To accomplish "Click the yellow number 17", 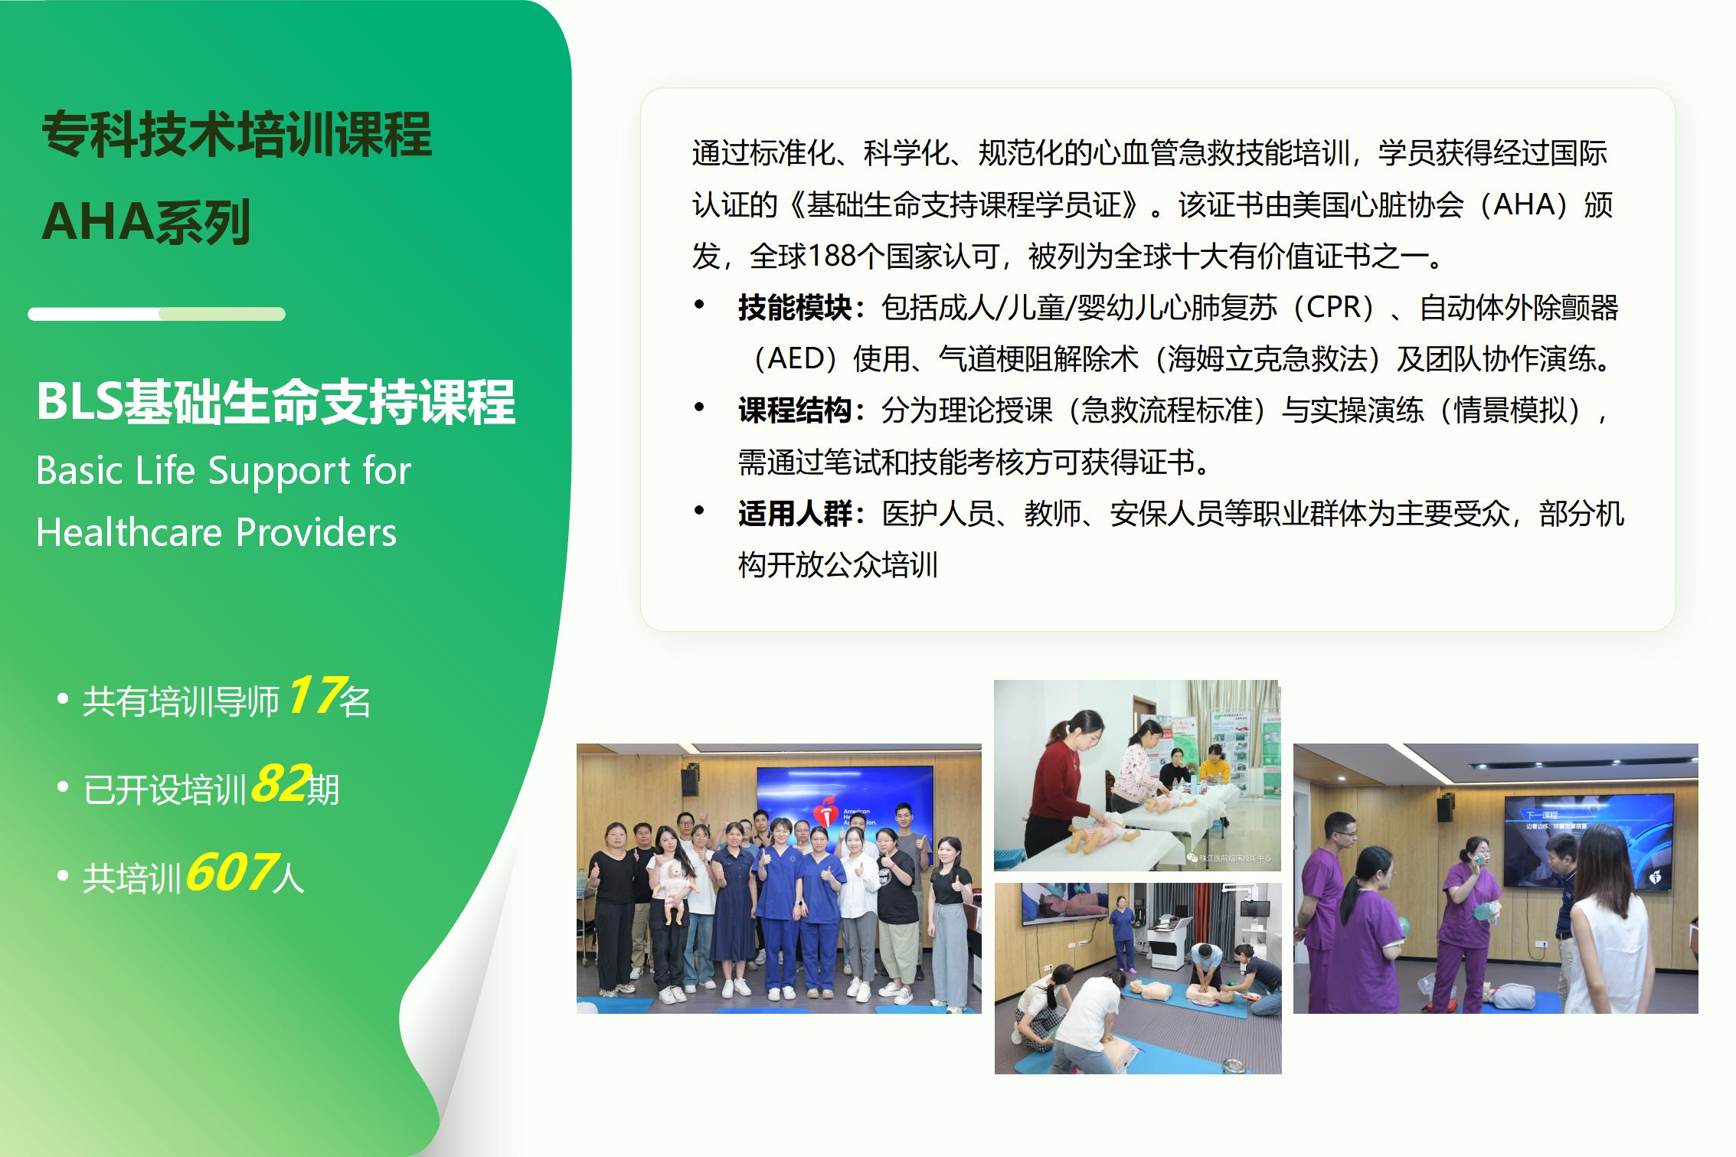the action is tap(314, 695).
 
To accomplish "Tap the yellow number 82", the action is tap(280, 783).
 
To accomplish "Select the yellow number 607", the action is tap(230, 871).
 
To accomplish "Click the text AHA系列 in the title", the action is tap(146, 222).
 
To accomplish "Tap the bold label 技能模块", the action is tap(795, 308).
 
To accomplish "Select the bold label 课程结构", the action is tap(795, 410).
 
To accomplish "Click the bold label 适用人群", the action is tap(795, 513).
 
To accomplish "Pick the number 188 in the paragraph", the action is tap(832, 256).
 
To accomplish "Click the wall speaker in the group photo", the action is tap(688, 780).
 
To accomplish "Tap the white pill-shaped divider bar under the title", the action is tap(156, 314).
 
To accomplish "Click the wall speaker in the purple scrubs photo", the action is tap(1444, 809).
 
